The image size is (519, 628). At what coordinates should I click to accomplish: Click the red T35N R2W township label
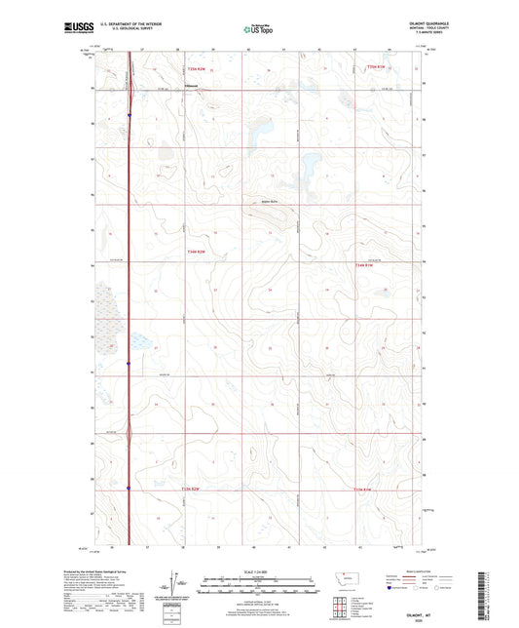click(x=197, y=67)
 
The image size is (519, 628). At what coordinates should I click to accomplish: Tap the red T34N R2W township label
click(x=197, y=250)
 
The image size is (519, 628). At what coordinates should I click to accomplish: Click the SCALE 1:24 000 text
click(x=258, y=571)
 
